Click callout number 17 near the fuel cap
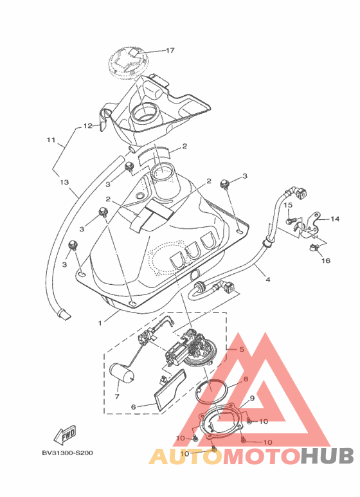(170, 50)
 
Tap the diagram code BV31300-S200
(67, 453)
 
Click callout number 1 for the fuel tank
(100, 323)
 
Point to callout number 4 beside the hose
(268, 280)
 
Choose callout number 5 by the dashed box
(242, 350)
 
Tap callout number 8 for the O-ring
(246, 379)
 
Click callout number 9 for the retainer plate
(252, 399)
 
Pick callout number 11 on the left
(51, 140)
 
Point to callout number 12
(88, 126)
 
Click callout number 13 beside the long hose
(64, 182)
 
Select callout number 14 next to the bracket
(335, 219)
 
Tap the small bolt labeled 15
(292, 219)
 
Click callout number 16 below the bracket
(326, 260)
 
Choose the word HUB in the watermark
(327, 456)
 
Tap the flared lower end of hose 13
(64, 314)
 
